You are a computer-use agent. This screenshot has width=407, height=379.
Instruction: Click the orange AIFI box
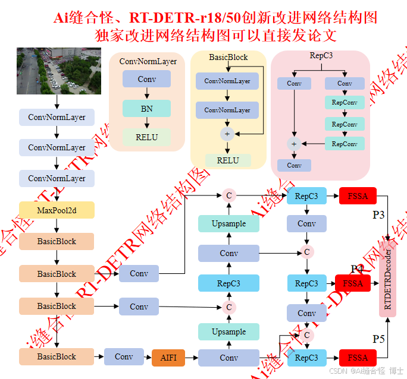(x=169, y=357)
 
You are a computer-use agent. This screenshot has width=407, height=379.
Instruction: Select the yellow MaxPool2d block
(x=57, y=210)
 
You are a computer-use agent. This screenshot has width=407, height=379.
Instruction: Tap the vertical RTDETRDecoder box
(x=388, y=279)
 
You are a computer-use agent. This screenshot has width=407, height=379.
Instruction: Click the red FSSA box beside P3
(x=358, y=196)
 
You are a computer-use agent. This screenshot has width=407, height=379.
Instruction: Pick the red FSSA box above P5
(x=358, y=358)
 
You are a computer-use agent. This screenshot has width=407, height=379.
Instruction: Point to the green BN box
(x=146, y=109)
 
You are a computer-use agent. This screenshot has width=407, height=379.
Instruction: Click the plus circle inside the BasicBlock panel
(x=227, y=134)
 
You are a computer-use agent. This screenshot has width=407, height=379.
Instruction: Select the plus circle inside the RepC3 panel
(x=293, y=143)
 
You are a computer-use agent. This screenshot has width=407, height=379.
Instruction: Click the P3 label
(x=379, y=214)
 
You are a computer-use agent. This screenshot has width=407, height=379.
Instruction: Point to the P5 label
(x=379, y=339)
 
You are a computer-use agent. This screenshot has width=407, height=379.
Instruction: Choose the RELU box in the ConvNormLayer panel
(x=146, y=137)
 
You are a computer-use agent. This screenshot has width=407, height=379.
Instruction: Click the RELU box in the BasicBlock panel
(x=227, y=160)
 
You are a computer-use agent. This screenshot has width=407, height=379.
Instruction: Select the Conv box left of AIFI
(x=124, y=357)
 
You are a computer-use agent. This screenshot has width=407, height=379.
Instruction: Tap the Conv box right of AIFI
(x=228, y=358)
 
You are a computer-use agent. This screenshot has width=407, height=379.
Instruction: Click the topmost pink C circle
(x=228, y=195)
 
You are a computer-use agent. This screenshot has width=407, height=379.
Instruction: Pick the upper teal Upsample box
(x=228, y=223)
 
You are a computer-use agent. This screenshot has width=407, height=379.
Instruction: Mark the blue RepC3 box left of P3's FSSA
(x=306, y=196)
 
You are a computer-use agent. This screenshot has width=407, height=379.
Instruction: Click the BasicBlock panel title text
(x=228, y=58)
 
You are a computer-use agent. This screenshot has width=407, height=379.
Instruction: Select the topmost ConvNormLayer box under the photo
(x=57, y=117)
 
